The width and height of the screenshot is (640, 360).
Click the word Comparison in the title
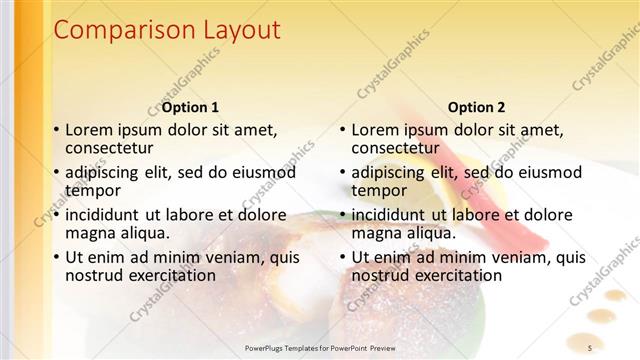point(115,31)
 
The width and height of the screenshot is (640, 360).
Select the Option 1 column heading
point(190,107)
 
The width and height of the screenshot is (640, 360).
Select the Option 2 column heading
point(477,107)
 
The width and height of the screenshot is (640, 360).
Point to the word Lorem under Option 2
point(375,129)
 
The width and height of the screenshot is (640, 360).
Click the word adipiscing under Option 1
point(106,172)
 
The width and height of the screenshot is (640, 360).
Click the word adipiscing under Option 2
point(393,172)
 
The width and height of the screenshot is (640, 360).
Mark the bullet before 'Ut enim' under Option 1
point(56,257)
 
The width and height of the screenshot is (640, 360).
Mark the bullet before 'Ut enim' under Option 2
point(343,257)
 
